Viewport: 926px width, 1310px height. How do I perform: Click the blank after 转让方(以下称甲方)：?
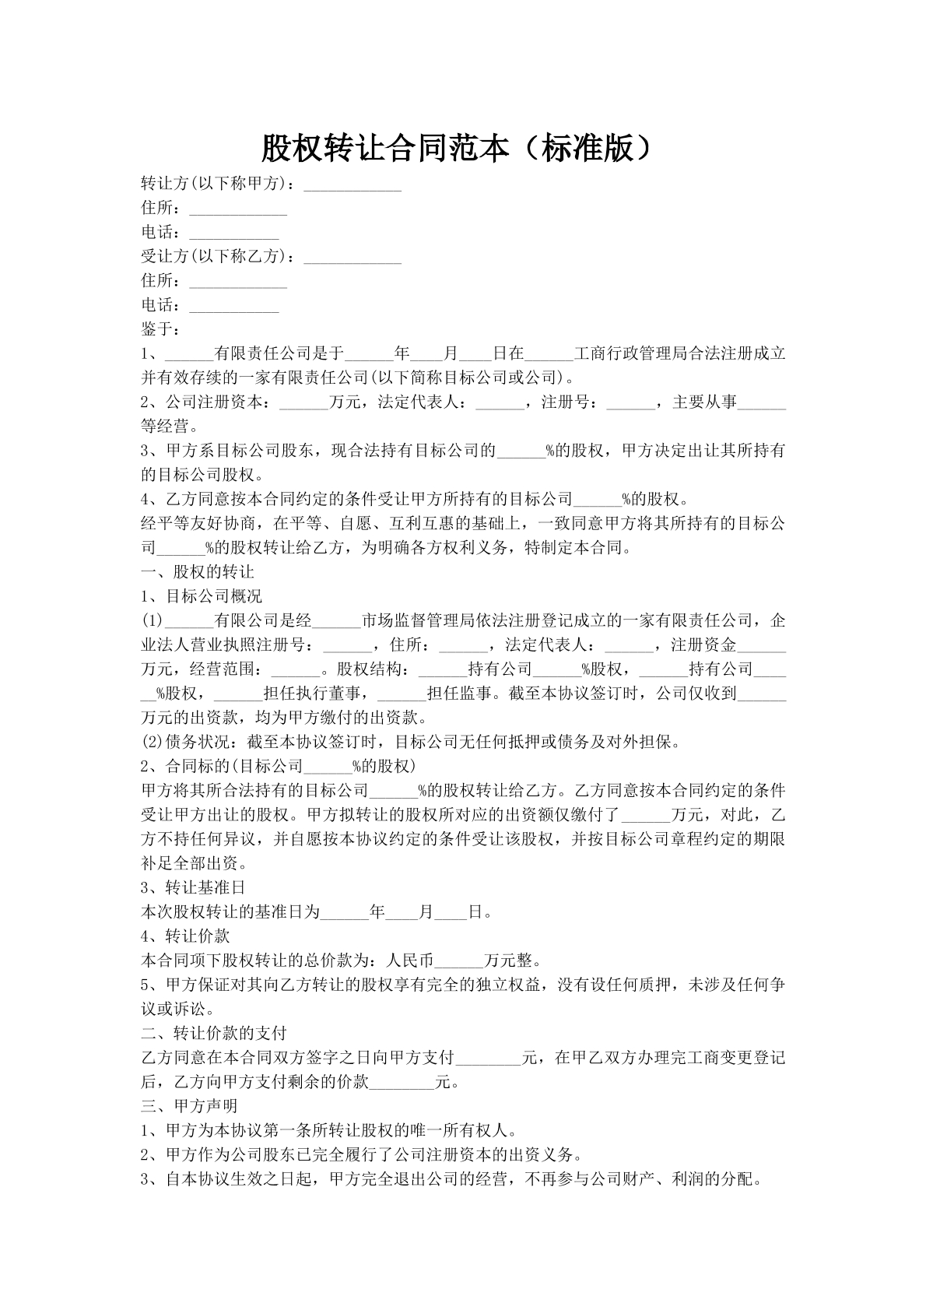(353, 187)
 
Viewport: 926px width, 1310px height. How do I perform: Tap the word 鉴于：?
(161, 329)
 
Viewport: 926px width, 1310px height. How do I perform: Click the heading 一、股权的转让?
(198, 572)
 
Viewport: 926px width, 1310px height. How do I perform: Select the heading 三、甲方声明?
(189, 1105)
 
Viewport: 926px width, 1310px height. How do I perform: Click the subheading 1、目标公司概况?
(202, 596)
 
